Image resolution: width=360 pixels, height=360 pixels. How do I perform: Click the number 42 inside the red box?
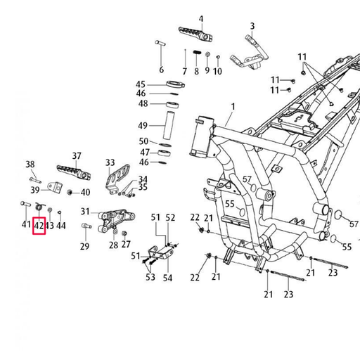39,226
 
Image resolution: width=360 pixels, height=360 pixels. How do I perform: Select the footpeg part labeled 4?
195,32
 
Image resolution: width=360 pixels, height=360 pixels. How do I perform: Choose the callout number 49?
143,126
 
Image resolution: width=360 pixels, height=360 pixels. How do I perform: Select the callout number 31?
85,212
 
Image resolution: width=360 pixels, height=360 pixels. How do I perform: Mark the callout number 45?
141,84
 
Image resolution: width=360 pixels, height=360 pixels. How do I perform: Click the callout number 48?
143,103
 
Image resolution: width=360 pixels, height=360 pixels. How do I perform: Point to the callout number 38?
30,165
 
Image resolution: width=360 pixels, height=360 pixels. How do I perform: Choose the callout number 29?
84,246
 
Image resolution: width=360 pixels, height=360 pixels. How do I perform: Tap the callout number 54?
167,278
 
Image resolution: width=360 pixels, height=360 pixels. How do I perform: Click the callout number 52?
170,218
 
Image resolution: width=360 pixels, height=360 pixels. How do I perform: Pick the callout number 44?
61,226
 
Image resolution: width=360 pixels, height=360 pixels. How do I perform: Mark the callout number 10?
217,71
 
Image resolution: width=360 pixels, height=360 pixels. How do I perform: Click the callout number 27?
126,245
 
